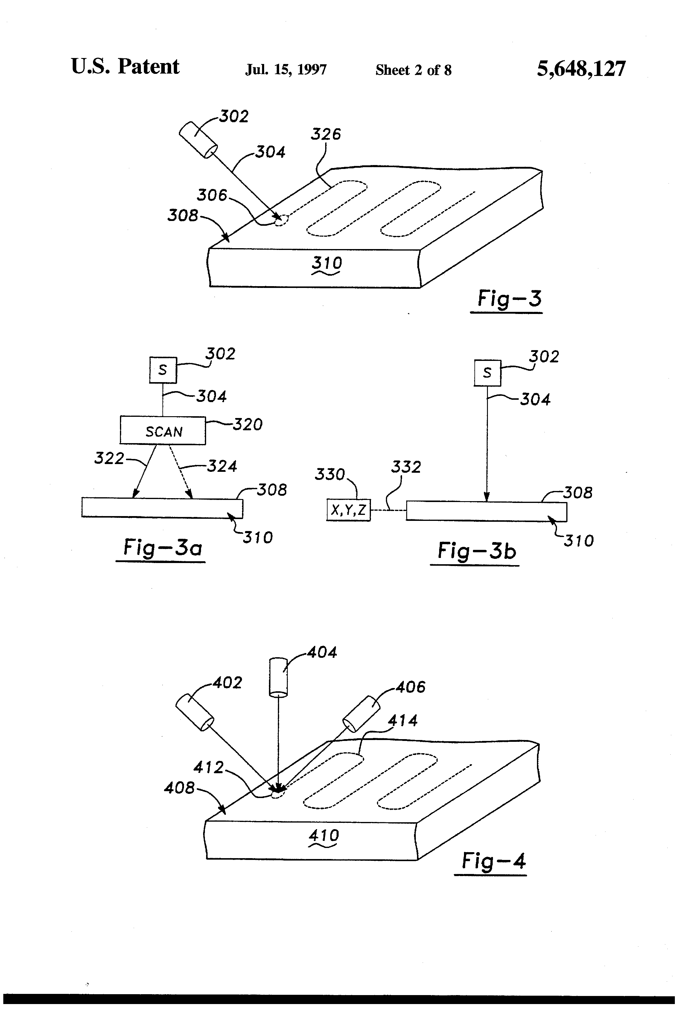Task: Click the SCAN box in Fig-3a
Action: point(163,430)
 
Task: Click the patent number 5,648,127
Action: point(581,69)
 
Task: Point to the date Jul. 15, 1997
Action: point(286,70)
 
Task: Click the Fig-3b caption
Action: point(477,551)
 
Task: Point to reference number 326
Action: point(325,134)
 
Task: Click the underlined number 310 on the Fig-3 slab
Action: point(326,263)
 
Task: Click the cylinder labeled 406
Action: point(361,713)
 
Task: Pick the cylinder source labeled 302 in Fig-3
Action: point(198,139)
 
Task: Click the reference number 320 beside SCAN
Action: point(247,425)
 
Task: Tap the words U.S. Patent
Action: point(125,67)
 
